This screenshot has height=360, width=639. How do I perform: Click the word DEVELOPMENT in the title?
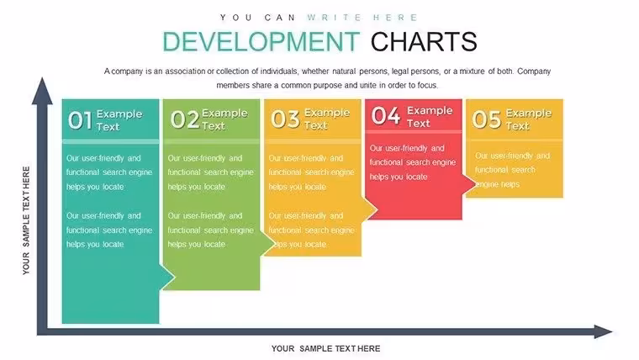point(261,41)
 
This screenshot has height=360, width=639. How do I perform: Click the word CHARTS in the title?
point(424,41)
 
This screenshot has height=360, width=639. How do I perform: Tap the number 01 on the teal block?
point(80,120)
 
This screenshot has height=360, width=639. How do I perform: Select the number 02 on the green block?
point(185,119)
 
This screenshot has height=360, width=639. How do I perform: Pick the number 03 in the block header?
point(285,119)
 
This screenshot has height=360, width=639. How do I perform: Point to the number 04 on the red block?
point(386,115)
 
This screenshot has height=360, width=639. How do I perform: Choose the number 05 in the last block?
point(486,119)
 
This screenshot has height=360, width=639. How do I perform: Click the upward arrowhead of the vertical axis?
point(42,91)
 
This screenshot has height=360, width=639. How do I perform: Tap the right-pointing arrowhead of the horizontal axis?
point(603,331)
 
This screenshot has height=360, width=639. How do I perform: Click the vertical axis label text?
point(26,220)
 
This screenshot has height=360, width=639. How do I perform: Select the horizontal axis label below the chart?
point(325,348)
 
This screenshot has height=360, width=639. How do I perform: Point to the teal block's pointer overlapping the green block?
point(167,278)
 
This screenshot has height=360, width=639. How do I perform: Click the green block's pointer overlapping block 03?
point(267,244)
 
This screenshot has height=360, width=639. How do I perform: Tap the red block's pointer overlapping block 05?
point(469,184)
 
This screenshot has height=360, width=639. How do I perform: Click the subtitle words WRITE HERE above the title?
point(362,18)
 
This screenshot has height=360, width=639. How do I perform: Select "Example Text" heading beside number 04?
point(430,117)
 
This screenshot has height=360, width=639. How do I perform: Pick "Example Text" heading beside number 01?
point(119,120)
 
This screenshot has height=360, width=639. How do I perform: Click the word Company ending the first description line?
point(534,71)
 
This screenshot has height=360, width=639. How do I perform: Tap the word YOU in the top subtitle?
point(236,18)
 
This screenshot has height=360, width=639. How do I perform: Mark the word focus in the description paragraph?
point(427,85)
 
